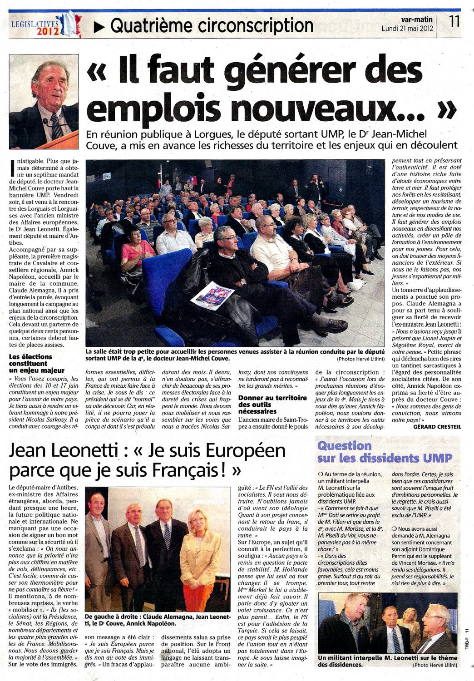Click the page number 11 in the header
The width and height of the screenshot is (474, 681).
coord(454,21)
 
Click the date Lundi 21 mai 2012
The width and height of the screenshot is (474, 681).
coord(407,28)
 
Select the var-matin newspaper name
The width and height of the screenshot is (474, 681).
coord(417,20)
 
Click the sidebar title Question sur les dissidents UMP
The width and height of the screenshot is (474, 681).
coord(385,452)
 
